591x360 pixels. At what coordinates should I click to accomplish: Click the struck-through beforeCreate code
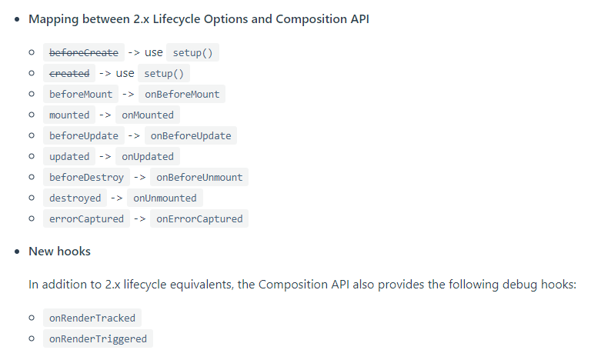tap(84, 52)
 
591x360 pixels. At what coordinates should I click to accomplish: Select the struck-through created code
tap(69, 73)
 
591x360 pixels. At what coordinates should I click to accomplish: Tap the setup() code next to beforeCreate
tap(193, 52)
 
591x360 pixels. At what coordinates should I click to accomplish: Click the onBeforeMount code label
tap(182, 94)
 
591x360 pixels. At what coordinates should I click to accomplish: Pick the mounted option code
tap(69, 115)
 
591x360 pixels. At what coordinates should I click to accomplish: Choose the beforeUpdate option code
tap(84, 135)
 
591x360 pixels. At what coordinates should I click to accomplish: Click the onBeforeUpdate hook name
tap(191, 135)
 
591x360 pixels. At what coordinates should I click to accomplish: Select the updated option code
tap(69, 156)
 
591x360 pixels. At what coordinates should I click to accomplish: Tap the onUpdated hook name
tap(148, 156)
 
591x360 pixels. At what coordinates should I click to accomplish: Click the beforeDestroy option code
tap(86, 177)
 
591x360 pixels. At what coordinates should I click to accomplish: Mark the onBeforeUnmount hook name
tap(199, 177)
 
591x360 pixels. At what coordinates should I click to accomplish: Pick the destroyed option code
tap(75, 198)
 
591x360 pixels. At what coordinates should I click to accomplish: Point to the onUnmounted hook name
tap(165, 198)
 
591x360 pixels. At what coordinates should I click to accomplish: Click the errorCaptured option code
tap(86, 218)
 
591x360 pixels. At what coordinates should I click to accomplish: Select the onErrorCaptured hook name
tap(199, 218)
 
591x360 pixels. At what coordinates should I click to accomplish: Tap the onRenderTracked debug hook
tap(92, 318)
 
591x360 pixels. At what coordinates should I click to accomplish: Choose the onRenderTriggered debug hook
tap(98, 338)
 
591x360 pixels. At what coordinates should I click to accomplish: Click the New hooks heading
tap(59, 251)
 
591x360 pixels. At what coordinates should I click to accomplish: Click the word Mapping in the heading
tap(52, 19)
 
